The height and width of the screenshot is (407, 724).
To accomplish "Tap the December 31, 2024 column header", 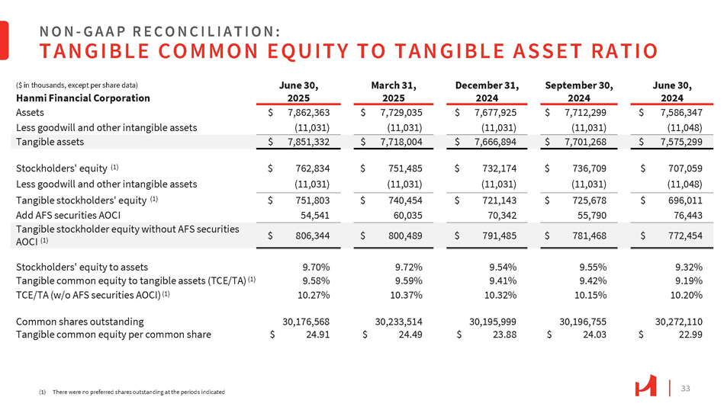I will [487, 91].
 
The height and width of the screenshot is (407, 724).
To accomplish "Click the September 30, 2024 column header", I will [579, 91].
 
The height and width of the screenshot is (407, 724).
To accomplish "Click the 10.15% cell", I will [591, 294].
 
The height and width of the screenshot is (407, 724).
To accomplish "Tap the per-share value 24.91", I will [317, 335].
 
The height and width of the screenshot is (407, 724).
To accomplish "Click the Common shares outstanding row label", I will [79, 322].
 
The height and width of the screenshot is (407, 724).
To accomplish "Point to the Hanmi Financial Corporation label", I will [74, 98].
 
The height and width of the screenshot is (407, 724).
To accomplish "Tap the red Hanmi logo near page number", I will [645, 387].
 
